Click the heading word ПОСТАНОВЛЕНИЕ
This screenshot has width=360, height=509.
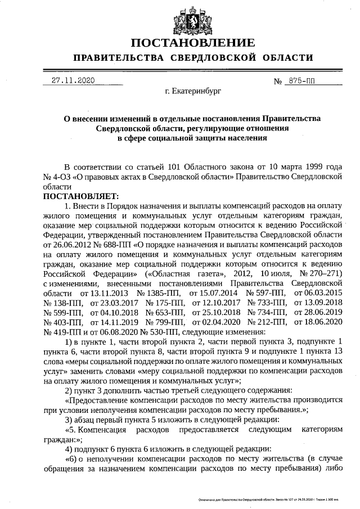click(193, 43)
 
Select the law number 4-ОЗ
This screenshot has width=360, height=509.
click(56, 177)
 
